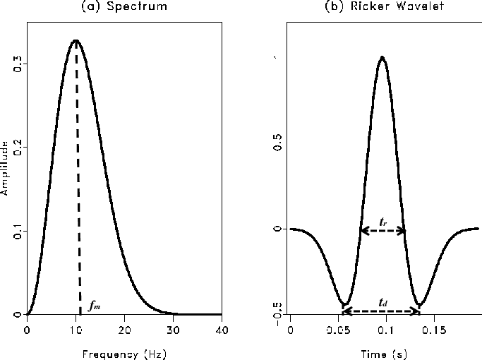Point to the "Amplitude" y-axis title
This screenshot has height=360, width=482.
(x=5, y=168)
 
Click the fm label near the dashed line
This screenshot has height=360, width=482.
(x=95, y=307)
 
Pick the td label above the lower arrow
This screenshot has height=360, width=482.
(x=382, y=302)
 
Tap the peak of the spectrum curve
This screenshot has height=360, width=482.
(x=76, y=41)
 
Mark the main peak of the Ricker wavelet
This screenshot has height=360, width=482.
(x=382, y=57)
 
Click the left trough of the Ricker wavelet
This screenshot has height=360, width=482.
(x=344, y=305)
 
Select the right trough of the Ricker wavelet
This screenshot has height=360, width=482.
(x=419, y=305)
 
